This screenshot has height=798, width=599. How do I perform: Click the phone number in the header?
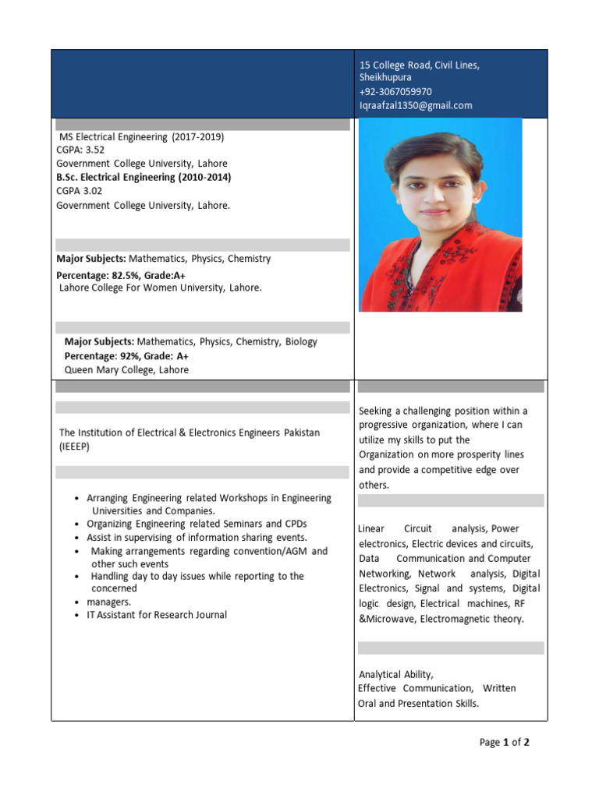click(395, 91)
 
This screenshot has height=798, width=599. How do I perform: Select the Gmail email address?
click(416, 105)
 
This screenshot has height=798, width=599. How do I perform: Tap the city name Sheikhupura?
click(385, 77)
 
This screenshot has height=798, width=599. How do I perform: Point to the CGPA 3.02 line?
click(79, 191)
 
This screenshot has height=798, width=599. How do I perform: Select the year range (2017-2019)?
click(199, 136)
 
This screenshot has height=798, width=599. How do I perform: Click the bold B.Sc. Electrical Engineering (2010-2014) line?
click(144, 177)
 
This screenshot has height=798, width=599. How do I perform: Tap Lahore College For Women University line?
click(161, 288)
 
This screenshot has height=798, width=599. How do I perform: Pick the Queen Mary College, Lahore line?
click(126, 370)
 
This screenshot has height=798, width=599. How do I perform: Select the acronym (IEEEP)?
click(76, 447)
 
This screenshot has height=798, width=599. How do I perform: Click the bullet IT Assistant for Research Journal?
click(157, 615)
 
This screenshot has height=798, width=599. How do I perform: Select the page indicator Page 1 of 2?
click(504, 743)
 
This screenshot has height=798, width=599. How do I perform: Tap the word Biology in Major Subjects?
click(301, 341)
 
